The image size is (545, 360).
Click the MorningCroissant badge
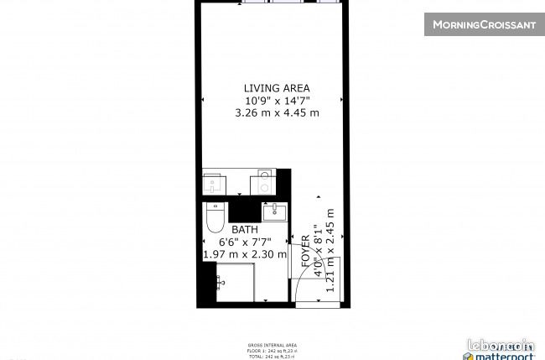(x=484, y=24)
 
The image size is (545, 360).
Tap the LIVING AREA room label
(x=277, y=88)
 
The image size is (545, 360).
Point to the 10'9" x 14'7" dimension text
(x=277, y=101)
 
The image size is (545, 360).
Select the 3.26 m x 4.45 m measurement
(x=277, y=113)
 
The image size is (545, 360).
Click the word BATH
(x=245, y=229)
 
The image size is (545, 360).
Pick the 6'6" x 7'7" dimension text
(x=245, y=242)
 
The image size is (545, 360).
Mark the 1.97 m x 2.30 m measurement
(x=245, y=254)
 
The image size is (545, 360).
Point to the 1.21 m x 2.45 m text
(x=330, y=250)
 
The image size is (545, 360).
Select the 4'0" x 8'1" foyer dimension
(x=318, y=250)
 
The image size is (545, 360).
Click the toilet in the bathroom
(x=215, y=219)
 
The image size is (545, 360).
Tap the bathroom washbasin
(x=275, y=211)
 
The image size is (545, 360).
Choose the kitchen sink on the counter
(x=265, y=179)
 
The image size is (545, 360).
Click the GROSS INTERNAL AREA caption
(x=272, y=344)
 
